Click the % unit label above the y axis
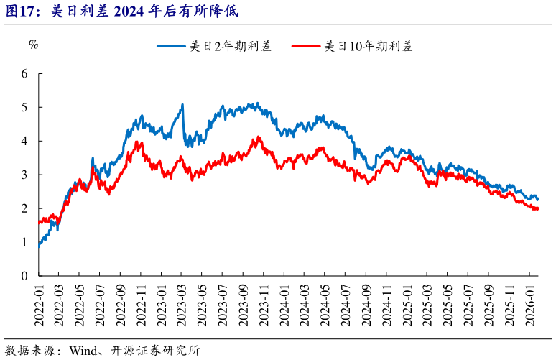point(32,45)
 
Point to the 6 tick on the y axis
point(24,74)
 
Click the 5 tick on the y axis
point(24,108)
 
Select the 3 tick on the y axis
point(24,175)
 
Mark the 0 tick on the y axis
point(24,276)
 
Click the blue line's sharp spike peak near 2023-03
point(182,105)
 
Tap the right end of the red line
point(537,209)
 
